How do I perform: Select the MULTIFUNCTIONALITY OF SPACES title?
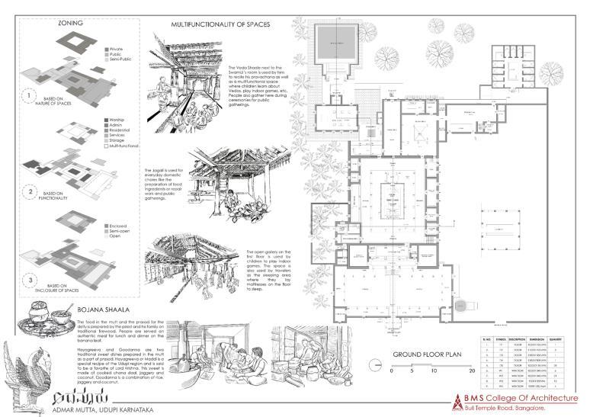(220, 24)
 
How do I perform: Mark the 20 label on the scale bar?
(472, 371)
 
